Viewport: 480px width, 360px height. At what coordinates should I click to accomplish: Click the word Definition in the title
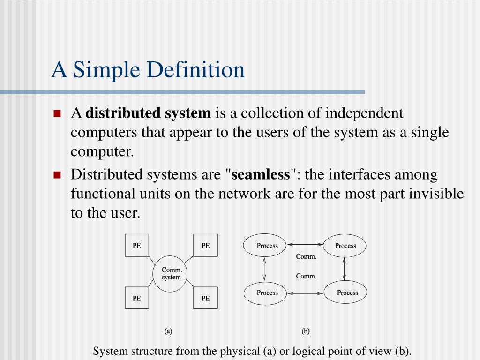[x=195, y=70]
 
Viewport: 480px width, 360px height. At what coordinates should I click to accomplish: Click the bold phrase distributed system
[x=148, y=113]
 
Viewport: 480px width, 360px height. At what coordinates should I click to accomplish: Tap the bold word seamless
[x=261, y=174]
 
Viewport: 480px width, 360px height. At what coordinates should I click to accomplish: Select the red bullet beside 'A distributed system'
[x=57, y=113]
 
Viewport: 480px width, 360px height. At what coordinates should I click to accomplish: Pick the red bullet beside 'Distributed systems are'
[x=57, y=175]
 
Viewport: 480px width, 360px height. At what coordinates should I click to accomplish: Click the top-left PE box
[x=137, y=245]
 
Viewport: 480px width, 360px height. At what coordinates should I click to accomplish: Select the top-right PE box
[x=205, y=245]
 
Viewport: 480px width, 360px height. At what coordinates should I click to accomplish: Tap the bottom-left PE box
[x=137, y=298]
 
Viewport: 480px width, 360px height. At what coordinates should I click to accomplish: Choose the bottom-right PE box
[x=205, y=298]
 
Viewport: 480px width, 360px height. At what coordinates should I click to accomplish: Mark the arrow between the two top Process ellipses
[x=305, y=244]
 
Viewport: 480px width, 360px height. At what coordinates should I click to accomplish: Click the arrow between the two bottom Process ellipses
[x=306, y=293]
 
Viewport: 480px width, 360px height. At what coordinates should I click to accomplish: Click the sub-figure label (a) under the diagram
[x=168, y=331]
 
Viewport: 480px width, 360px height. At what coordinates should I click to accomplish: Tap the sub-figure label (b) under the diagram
[x=306, y=331]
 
